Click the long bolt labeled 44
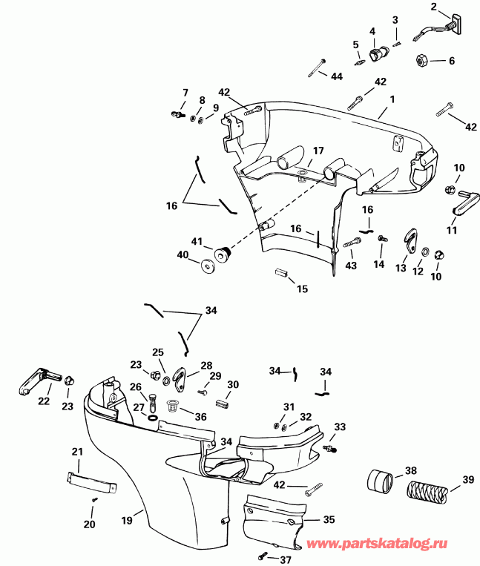[318, 69]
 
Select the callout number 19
[126, 520]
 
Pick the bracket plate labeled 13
[406, 240]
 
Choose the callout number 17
[318, 151]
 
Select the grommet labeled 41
[221, 256]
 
